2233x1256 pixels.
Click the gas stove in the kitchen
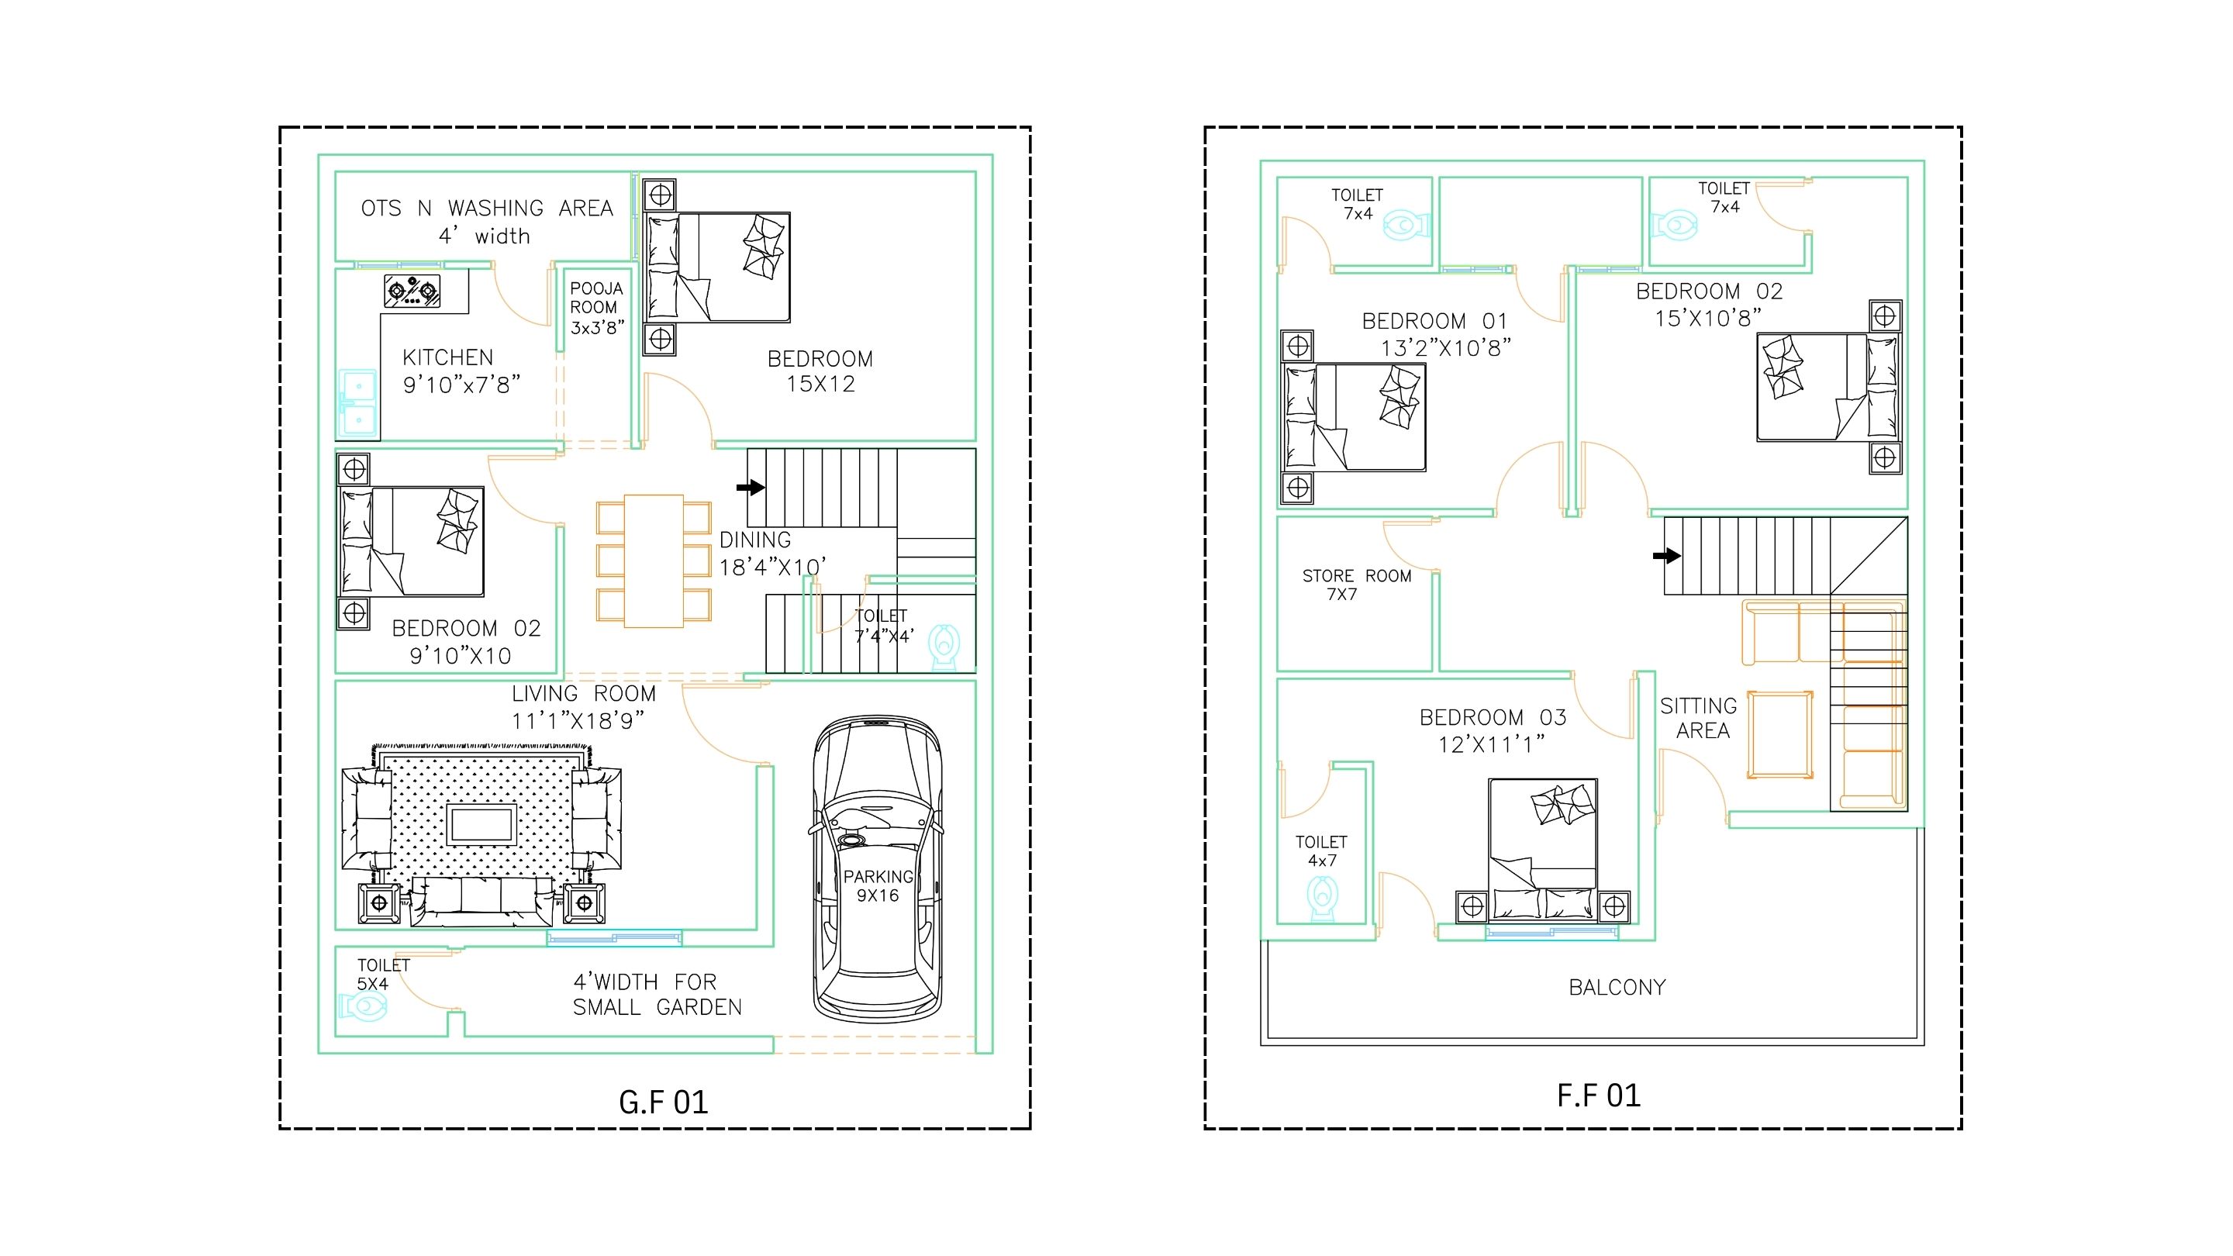(x=412, y=291)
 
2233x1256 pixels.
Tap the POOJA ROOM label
(x=596, y=297)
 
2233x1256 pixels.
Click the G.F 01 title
(x=663, y=1102)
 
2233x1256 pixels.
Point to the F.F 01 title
(x=1599, y=1096)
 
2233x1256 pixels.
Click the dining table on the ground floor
(x=654, y=561)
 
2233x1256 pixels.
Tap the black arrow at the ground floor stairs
(x=751, y=488)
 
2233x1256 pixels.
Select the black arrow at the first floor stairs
(x=1667, y=556)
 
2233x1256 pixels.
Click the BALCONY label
(x=1617, y=987)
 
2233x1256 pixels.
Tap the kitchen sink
(x=357, y=403)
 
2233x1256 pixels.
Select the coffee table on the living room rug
(x=482, y=824)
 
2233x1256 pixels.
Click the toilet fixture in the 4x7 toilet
(x=1322, y=897)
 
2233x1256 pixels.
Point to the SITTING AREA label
(x=1699, y=719)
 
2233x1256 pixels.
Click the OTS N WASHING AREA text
(x=487, y=209)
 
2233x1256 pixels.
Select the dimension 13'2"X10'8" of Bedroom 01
(x=1446, y=348)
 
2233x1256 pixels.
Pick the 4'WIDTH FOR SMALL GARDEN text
(x=657, y=994)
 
